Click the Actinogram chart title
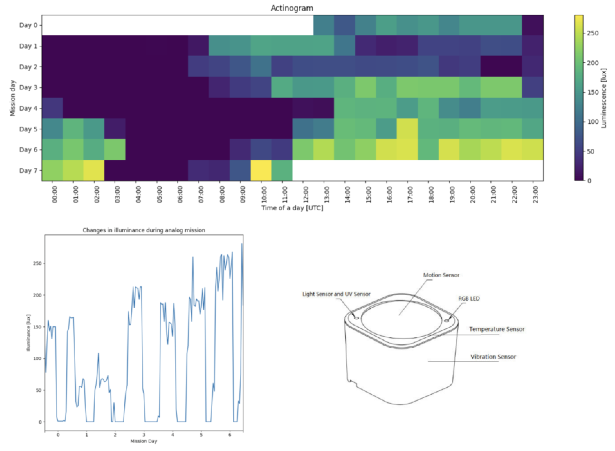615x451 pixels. pyautogui.click(x=292, y=8)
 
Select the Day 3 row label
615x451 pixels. pyautogui.click(x=28, y=88)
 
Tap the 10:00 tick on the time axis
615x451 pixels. pyautogui.click(x=264, y=194)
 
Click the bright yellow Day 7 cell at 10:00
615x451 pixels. pyautogui.click(x=261, y=170)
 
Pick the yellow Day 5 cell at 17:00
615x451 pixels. pyautogui.click(x=407, y=129)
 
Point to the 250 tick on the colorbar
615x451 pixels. pyautogui.click(x=593, y=33)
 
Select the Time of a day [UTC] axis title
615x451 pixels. pyautogui.click(x=292, y=208)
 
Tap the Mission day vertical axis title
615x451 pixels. pyautogui.click(x=13, y=98)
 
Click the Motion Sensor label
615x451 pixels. pyautogui.click(x=441, y=275)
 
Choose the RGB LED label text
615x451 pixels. pyautogui.click(x=469, y=299)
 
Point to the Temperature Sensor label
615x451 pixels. pyautogui.click(x=497, y=329)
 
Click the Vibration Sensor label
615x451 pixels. pyautogui.click(x=493, y=357)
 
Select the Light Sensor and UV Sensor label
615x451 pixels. pyautogui.click(x=336, y=294)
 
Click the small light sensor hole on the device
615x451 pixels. pyautogui.click(x=356, y=318)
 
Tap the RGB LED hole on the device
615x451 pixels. pyautogui.click(x=446, y=321)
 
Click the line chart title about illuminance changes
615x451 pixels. pyautogui.click(x=144, y=230)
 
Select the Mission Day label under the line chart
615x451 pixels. pyautogui.click(x=143, y=441)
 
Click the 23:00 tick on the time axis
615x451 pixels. pyautogui.click(x=536, y=194)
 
